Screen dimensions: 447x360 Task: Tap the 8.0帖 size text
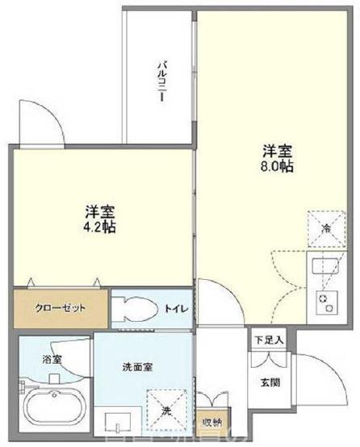(277, 166)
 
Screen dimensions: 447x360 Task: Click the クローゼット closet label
(61, 307)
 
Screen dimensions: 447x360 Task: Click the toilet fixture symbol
(133, 307)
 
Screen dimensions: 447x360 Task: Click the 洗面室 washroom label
(138, 367)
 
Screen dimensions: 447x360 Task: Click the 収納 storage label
(211, 420)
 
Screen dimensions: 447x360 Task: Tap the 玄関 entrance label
(270, 382)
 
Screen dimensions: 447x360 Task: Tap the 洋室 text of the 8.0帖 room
(277, 150)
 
